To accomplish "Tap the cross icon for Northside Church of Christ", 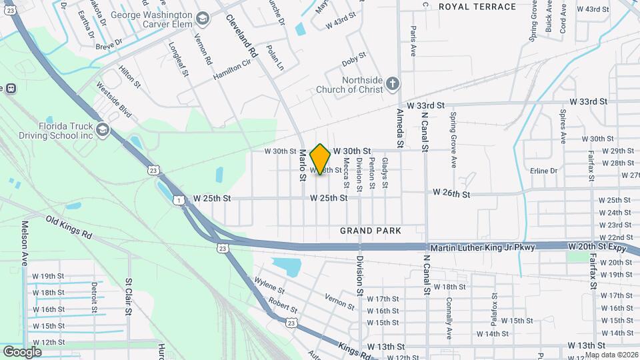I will coord(393,83).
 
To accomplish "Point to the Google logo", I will coord(22,351).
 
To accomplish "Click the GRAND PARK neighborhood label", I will coord(371,231).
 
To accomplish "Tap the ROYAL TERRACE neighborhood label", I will coord(477,7).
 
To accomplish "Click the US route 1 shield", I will coord(178,200).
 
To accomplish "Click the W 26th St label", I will coord(451,193).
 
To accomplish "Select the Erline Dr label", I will coord(543,171).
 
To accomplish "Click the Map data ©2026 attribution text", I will coord(611,355).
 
